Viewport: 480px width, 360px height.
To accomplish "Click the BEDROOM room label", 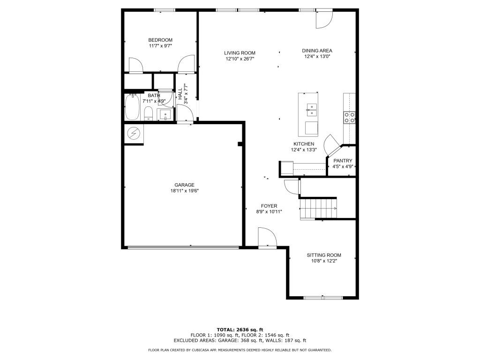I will (160, 40).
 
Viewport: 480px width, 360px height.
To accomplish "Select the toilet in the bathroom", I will (148, 113).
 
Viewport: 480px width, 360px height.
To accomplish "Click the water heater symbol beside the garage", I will (134, 134).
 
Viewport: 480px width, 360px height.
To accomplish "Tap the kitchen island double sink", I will (311, 110).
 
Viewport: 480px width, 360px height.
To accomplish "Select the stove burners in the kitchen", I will (349, 117).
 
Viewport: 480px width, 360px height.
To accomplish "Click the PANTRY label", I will (343, 161).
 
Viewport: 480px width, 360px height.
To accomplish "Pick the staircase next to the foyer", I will (318, 209).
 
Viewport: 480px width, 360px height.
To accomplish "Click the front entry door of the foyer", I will (267, 238).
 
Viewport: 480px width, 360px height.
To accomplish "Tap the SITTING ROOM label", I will (324, 255).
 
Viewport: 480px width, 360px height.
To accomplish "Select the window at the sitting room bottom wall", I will (323, 297).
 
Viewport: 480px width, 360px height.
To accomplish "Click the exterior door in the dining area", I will (323, 19).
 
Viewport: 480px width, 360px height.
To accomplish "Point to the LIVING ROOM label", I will (240, 53).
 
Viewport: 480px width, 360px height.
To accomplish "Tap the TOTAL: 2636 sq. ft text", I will (240, 329).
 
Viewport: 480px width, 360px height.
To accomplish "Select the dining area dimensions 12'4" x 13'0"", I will (317, 57).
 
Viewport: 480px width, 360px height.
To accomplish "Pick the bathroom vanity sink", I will (165, 114).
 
